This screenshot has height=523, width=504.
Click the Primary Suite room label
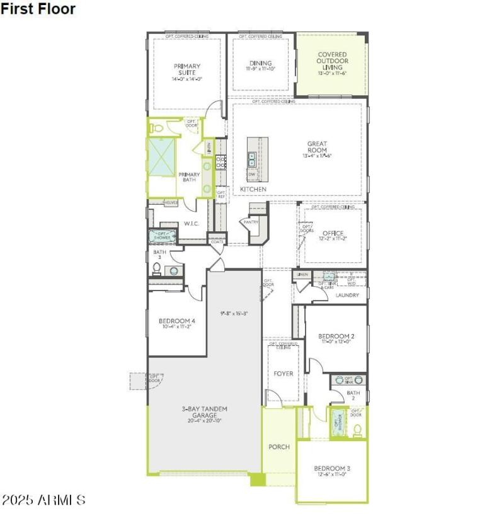[x=187, y=69]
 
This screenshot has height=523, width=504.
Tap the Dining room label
[x=260, y=63]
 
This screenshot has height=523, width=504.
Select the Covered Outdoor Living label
[x=332, y=61]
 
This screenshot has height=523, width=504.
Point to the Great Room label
[x=317, y=147]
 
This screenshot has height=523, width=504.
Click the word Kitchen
[x=253, y=189]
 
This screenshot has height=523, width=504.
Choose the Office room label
[x=333, y=234]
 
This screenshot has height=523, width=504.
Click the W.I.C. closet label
[x=192, y=224]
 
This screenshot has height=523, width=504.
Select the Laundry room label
[x=347, y=295]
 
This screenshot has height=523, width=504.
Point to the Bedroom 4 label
[x=176, y=321]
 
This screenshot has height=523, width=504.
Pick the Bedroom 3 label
[x=332, y=468]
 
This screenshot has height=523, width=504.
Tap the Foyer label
[x=283, y=374]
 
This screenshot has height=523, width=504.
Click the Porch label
[x=279, y=447]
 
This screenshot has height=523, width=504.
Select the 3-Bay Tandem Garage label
[x=204, y=412]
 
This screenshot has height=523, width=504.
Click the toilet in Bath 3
[x=157, y=269]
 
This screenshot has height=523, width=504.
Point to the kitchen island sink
[x=252, y=159]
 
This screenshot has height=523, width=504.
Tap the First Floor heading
[x=38, y=9]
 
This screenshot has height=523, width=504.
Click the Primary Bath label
[x=189, y=177]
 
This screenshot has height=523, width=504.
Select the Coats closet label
[x=217, y=241]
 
